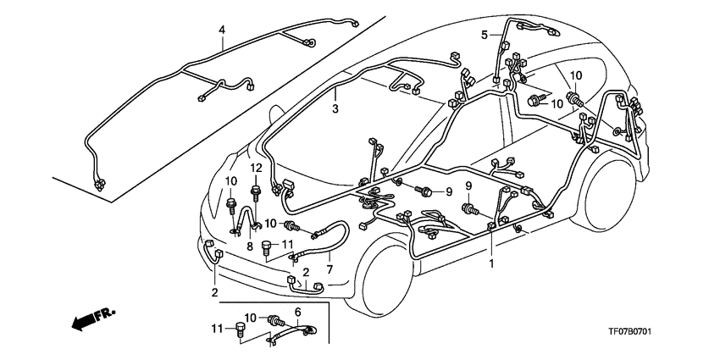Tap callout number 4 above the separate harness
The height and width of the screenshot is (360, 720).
[222, 30]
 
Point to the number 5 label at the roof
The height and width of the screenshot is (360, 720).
[485, 36]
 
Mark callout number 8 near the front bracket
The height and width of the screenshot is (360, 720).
[250, 246]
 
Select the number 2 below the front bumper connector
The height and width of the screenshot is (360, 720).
[214, 292]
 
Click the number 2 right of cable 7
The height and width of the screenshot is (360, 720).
[306, 272]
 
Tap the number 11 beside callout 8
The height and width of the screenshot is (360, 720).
[287, 244]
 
